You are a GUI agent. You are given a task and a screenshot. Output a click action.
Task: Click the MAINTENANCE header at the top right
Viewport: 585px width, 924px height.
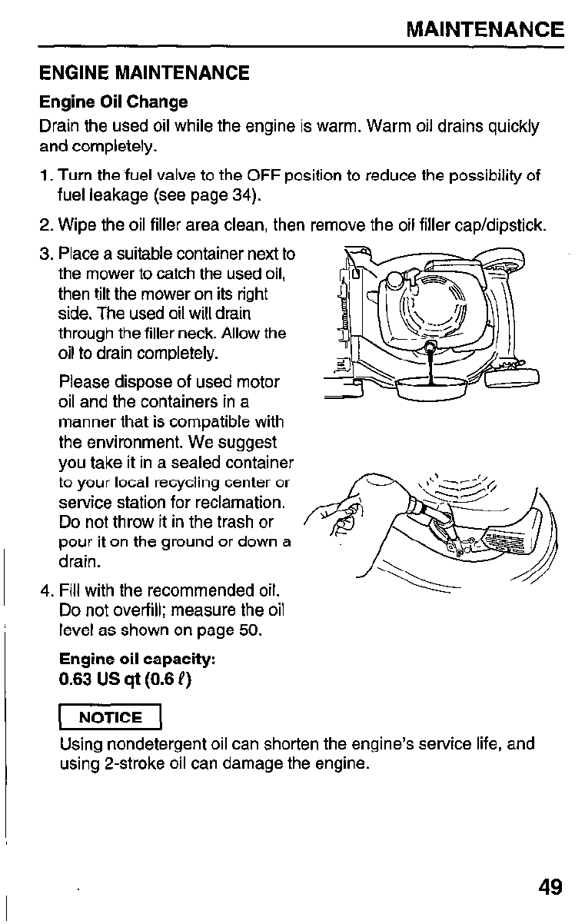(484, 30)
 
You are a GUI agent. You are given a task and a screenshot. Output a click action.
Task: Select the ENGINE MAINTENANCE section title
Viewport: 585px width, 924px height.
(145, 74)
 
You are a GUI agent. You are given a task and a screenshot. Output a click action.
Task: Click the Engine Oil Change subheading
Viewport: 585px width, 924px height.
(113, 102)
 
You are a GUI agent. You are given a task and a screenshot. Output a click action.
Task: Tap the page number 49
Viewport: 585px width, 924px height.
(550, 888)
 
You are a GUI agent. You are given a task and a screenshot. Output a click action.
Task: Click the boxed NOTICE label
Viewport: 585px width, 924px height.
(111, 718)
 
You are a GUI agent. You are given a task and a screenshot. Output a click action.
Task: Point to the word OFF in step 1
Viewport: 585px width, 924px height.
(276, 176)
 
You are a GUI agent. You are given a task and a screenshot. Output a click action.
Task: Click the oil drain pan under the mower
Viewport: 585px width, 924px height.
(429, 387)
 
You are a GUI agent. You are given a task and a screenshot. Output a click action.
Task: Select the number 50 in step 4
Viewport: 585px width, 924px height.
(249, 632)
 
